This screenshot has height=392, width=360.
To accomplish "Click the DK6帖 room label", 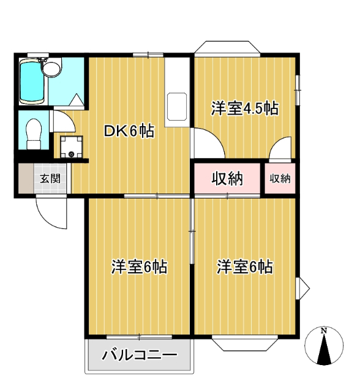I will point(128,130).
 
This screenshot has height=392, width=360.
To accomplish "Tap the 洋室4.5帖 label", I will point(245,109).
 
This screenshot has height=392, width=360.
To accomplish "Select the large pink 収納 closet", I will point(228,179).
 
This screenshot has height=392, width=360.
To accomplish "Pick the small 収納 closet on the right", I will point(280,179).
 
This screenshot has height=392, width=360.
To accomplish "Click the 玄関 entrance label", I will point(50,179).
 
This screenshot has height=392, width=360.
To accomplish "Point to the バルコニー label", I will point(140,355).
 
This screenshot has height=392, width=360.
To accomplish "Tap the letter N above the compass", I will point(324,331).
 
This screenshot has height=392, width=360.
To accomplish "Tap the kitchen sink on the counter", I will point(177,106).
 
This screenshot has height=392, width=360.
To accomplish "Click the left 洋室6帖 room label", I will point(140,268).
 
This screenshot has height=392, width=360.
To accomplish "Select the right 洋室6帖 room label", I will point(245,268).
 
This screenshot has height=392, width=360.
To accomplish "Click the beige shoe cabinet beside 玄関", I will point(23,179).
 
